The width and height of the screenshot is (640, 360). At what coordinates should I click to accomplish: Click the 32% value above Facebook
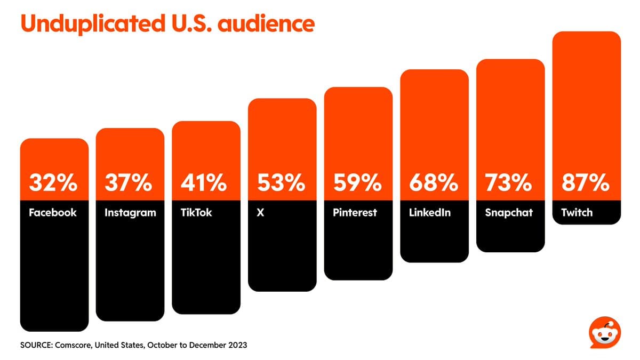click(53, 183)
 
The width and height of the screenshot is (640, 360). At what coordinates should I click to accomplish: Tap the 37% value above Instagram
click(130, 183)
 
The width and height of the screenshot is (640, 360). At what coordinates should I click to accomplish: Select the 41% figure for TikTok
click(205, 183)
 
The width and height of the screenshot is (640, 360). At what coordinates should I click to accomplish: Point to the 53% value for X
click(282, 183)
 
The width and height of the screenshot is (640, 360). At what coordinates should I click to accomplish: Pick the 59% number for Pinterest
click(358, 183)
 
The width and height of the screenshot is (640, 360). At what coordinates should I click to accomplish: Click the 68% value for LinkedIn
click(434, 183)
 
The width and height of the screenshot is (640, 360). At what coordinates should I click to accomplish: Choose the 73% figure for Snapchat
click(510, 183)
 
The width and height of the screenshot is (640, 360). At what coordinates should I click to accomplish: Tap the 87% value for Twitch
click(586, 183)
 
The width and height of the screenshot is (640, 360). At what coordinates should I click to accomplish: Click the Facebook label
click(53, 212)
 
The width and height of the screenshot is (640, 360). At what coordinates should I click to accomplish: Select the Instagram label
click(130, 213)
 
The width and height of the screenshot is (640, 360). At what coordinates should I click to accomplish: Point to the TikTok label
click(196, 212)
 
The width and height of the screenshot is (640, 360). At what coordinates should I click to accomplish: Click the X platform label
click(260, 212)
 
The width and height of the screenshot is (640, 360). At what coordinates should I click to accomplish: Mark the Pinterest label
click(355, 212)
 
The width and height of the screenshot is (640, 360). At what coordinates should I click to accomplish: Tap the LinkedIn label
click(430, 212)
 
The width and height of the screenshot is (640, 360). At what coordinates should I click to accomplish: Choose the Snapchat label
click(509, 213)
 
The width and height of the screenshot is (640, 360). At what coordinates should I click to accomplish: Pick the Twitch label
click(577, 212)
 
